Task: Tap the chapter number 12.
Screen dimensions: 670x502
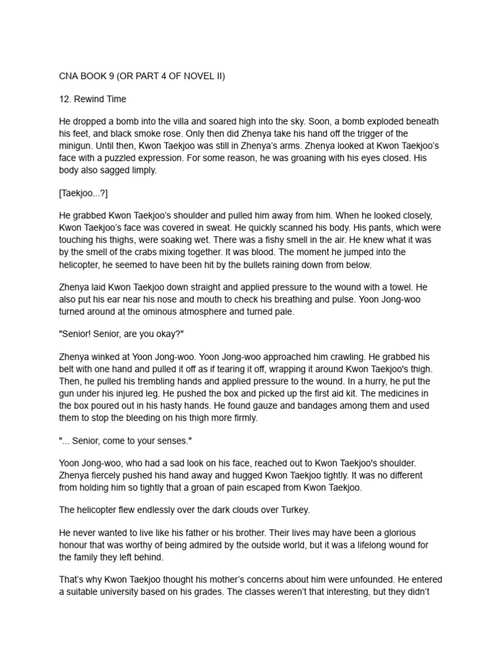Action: [x=65, y=99]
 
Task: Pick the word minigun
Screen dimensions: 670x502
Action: [x=77, y=145]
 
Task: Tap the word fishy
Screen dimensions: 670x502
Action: [x=346, y=239]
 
